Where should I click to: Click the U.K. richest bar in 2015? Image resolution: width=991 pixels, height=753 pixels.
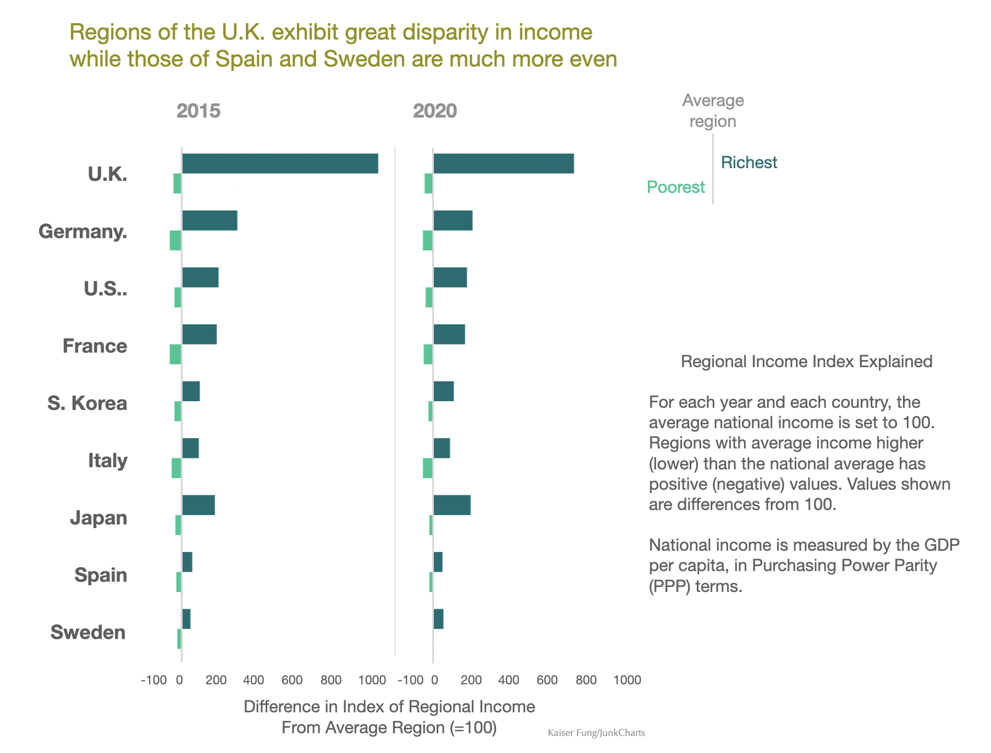280,164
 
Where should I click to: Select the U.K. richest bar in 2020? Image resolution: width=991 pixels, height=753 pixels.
503,164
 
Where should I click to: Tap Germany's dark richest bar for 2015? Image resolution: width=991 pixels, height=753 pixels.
210,220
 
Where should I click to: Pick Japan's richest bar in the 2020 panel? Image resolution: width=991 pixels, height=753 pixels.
452,505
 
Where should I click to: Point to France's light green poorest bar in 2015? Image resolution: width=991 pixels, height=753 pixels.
175,354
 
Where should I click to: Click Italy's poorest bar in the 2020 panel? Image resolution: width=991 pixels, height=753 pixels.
427,468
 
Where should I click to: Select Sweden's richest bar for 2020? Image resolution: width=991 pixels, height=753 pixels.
438,619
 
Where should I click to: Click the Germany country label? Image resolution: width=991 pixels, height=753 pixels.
83,232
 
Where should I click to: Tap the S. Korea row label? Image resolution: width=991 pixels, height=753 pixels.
87,403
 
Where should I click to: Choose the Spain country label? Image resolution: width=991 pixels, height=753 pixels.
101,575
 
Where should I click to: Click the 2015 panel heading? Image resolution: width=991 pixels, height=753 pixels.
198,111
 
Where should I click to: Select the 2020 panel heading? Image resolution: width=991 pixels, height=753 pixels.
434,111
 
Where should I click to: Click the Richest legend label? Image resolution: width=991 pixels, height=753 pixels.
749,163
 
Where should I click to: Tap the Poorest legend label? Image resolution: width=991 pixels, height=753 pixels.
675,187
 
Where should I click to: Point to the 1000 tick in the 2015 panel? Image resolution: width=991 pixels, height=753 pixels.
372,680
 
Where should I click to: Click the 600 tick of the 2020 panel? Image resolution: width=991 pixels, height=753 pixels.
547,680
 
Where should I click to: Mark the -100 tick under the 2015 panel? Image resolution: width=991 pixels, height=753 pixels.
153,680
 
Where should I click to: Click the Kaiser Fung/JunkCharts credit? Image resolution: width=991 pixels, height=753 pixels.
596,733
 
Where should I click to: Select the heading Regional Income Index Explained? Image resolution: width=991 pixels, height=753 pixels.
806,362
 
